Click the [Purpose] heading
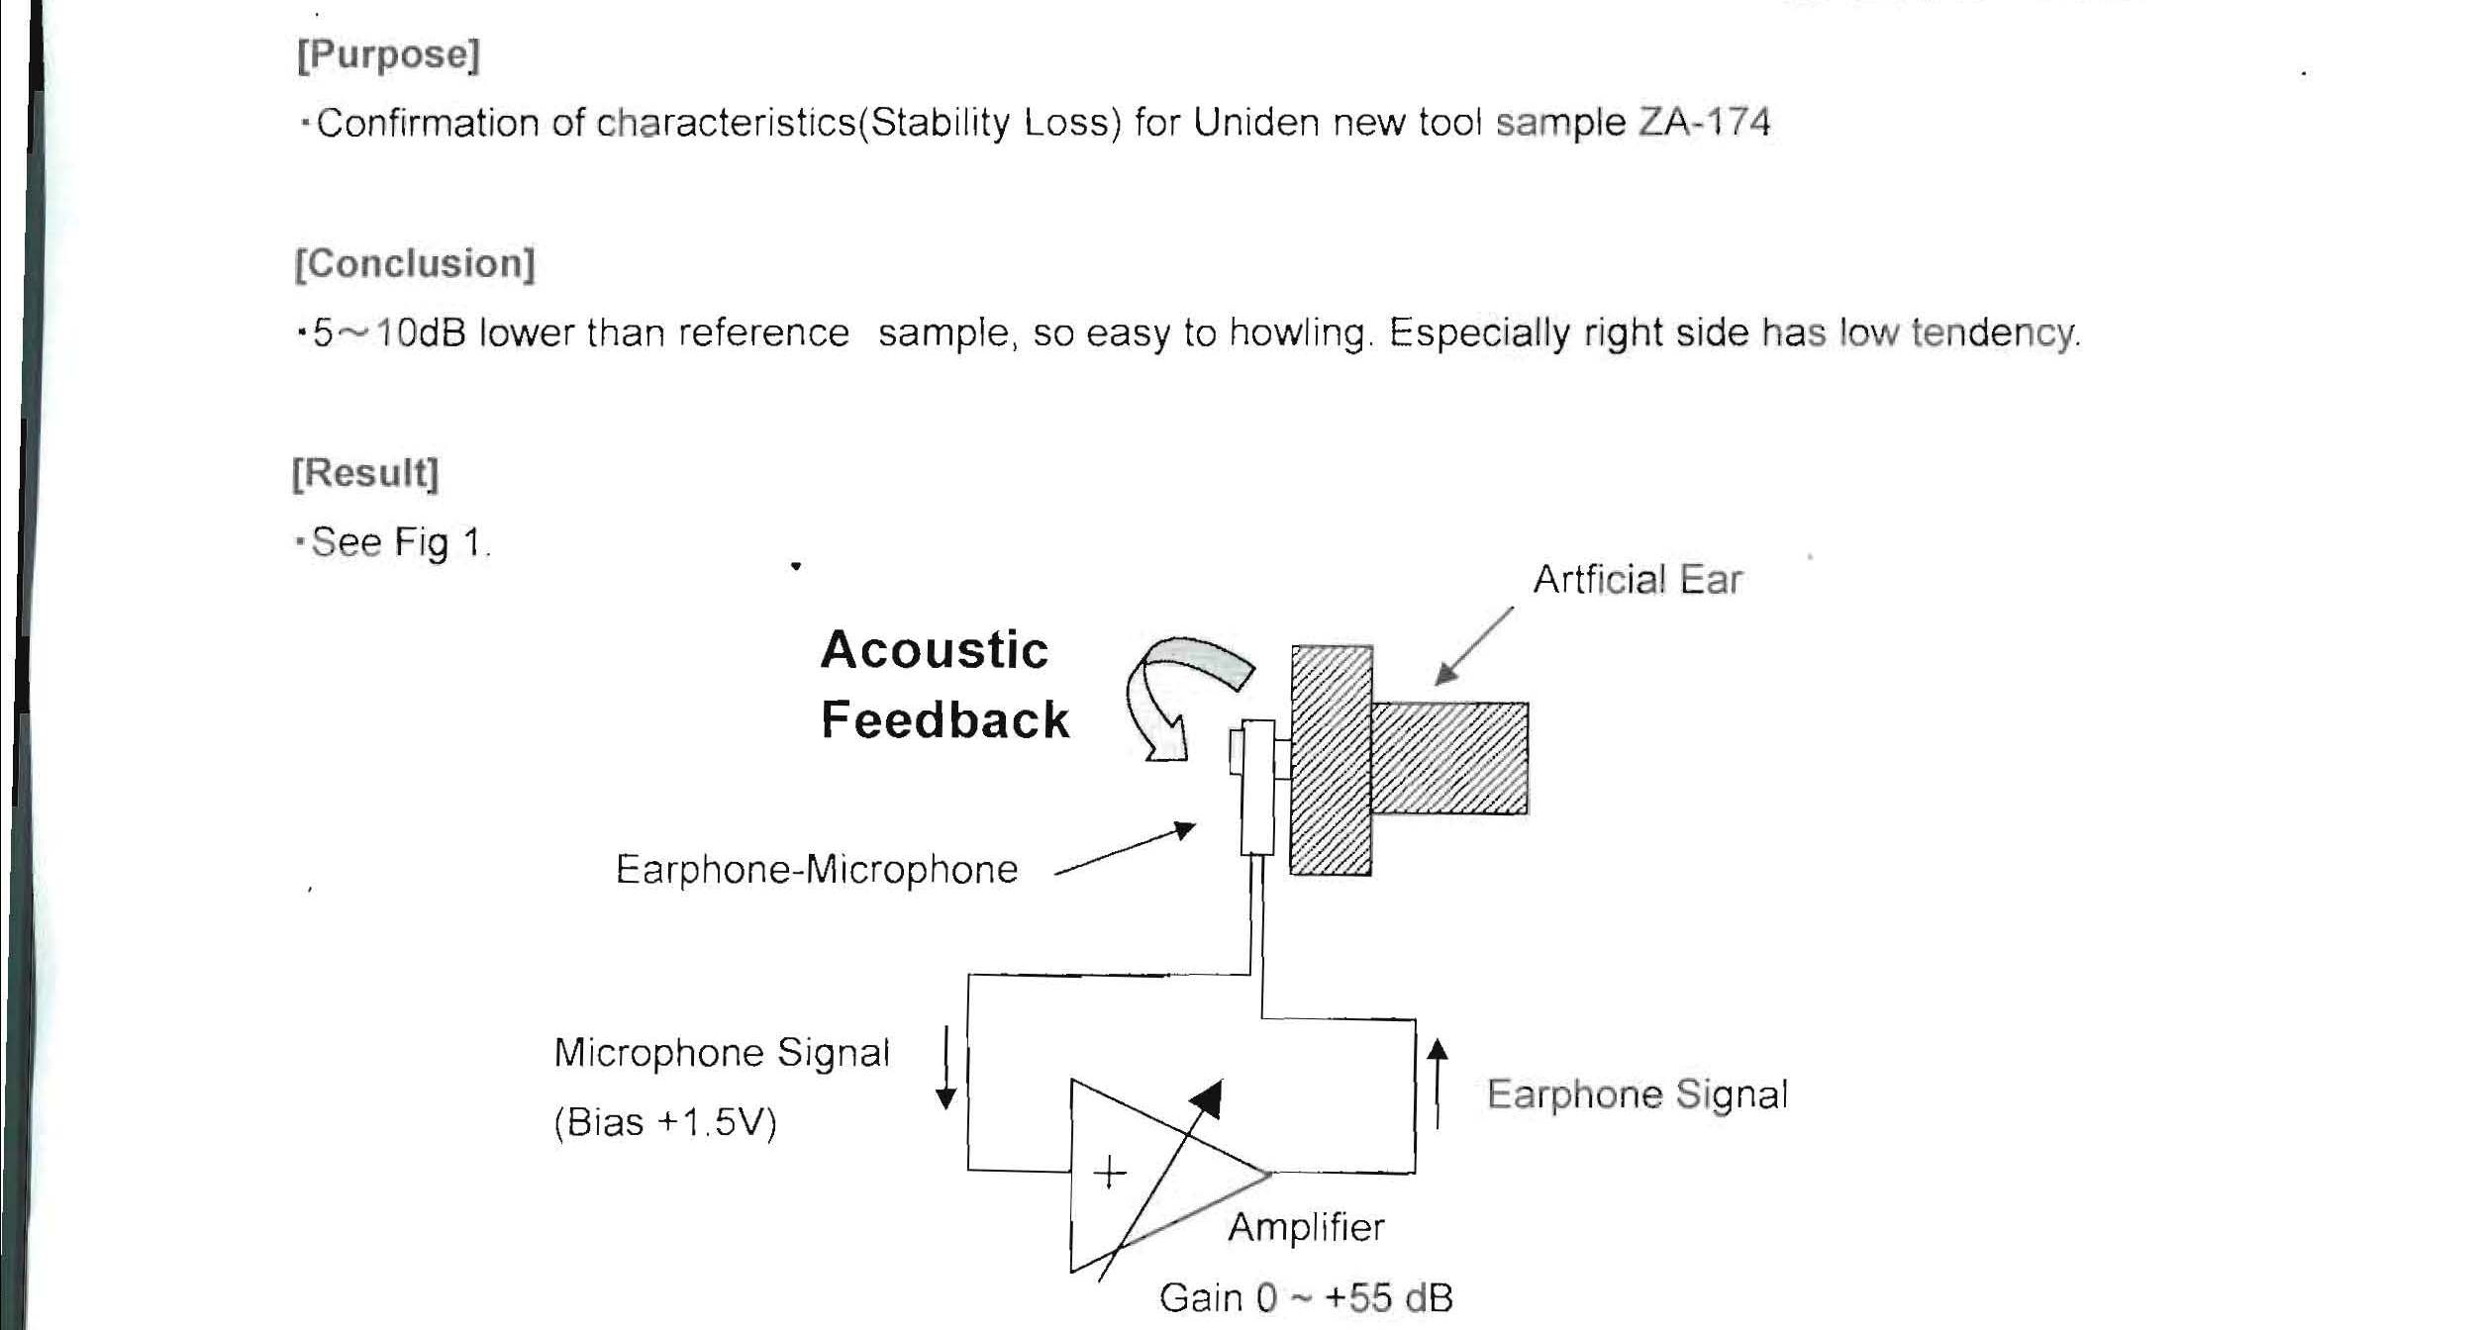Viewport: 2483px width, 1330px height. click(x=388, y=54)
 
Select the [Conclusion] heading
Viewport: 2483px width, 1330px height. click(x=415, y=264)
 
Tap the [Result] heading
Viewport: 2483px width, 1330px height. click(x=365, y=473)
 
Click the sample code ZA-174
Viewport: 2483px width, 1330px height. click(x=1704, y=123)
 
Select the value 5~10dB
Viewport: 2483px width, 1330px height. click(x=389, y=333)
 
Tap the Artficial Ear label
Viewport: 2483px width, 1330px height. click(x=1638, y=580)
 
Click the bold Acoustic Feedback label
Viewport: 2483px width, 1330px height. click(x=944, y=685)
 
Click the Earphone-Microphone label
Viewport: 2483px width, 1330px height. click(x=817, y=870)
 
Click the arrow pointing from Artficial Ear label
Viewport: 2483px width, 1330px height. click(x=1474, y=645)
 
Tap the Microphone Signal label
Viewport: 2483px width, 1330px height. click(x=722, y=1053)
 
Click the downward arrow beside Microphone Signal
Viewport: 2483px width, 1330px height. click(x=946, y=1068)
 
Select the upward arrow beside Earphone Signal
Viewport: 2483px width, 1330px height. click(x=1438, y=1084)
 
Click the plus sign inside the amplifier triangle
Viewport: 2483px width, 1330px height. click(x=1110, y=1174)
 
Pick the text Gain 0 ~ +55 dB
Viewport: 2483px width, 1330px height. click(x=1306, y=1297)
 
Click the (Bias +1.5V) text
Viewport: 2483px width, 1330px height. click(x=665, y=1123)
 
